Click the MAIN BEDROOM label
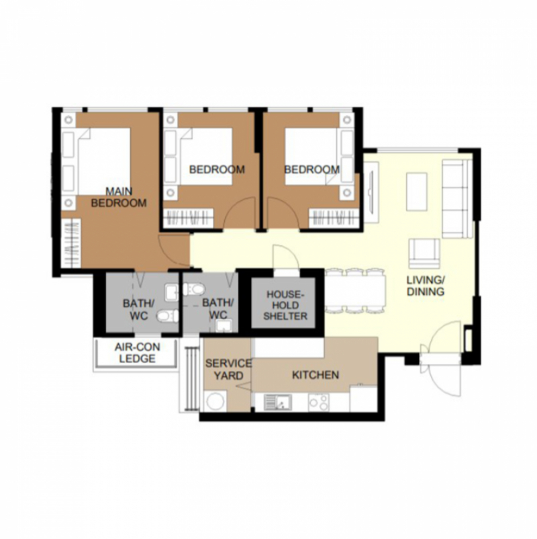point(119,197)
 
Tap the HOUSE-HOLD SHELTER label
point(285,305)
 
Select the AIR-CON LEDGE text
point(137,353)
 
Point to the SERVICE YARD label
point(228,370)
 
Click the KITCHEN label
point(315,375)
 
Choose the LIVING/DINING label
point(426,286)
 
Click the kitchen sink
point(278,402)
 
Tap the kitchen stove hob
point(319,402)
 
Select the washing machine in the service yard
point(215,401)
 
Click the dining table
point(355,291)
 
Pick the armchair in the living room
point(424,253)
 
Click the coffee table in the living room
point(417,192)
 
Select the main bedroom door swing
point(173,251)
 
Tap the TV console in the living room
point(371,192)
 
